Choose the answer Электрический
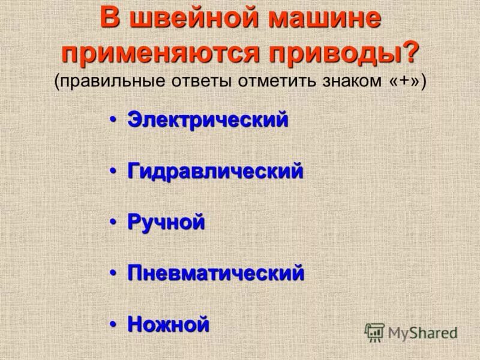coord(208,119)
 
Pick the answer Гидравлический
coord(215,172)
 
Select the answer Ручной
coord(166,223)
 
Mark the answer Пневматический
coord(215,274)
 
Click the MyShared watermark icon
coord(374,332)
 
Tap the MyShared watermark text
coord(422,332)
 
